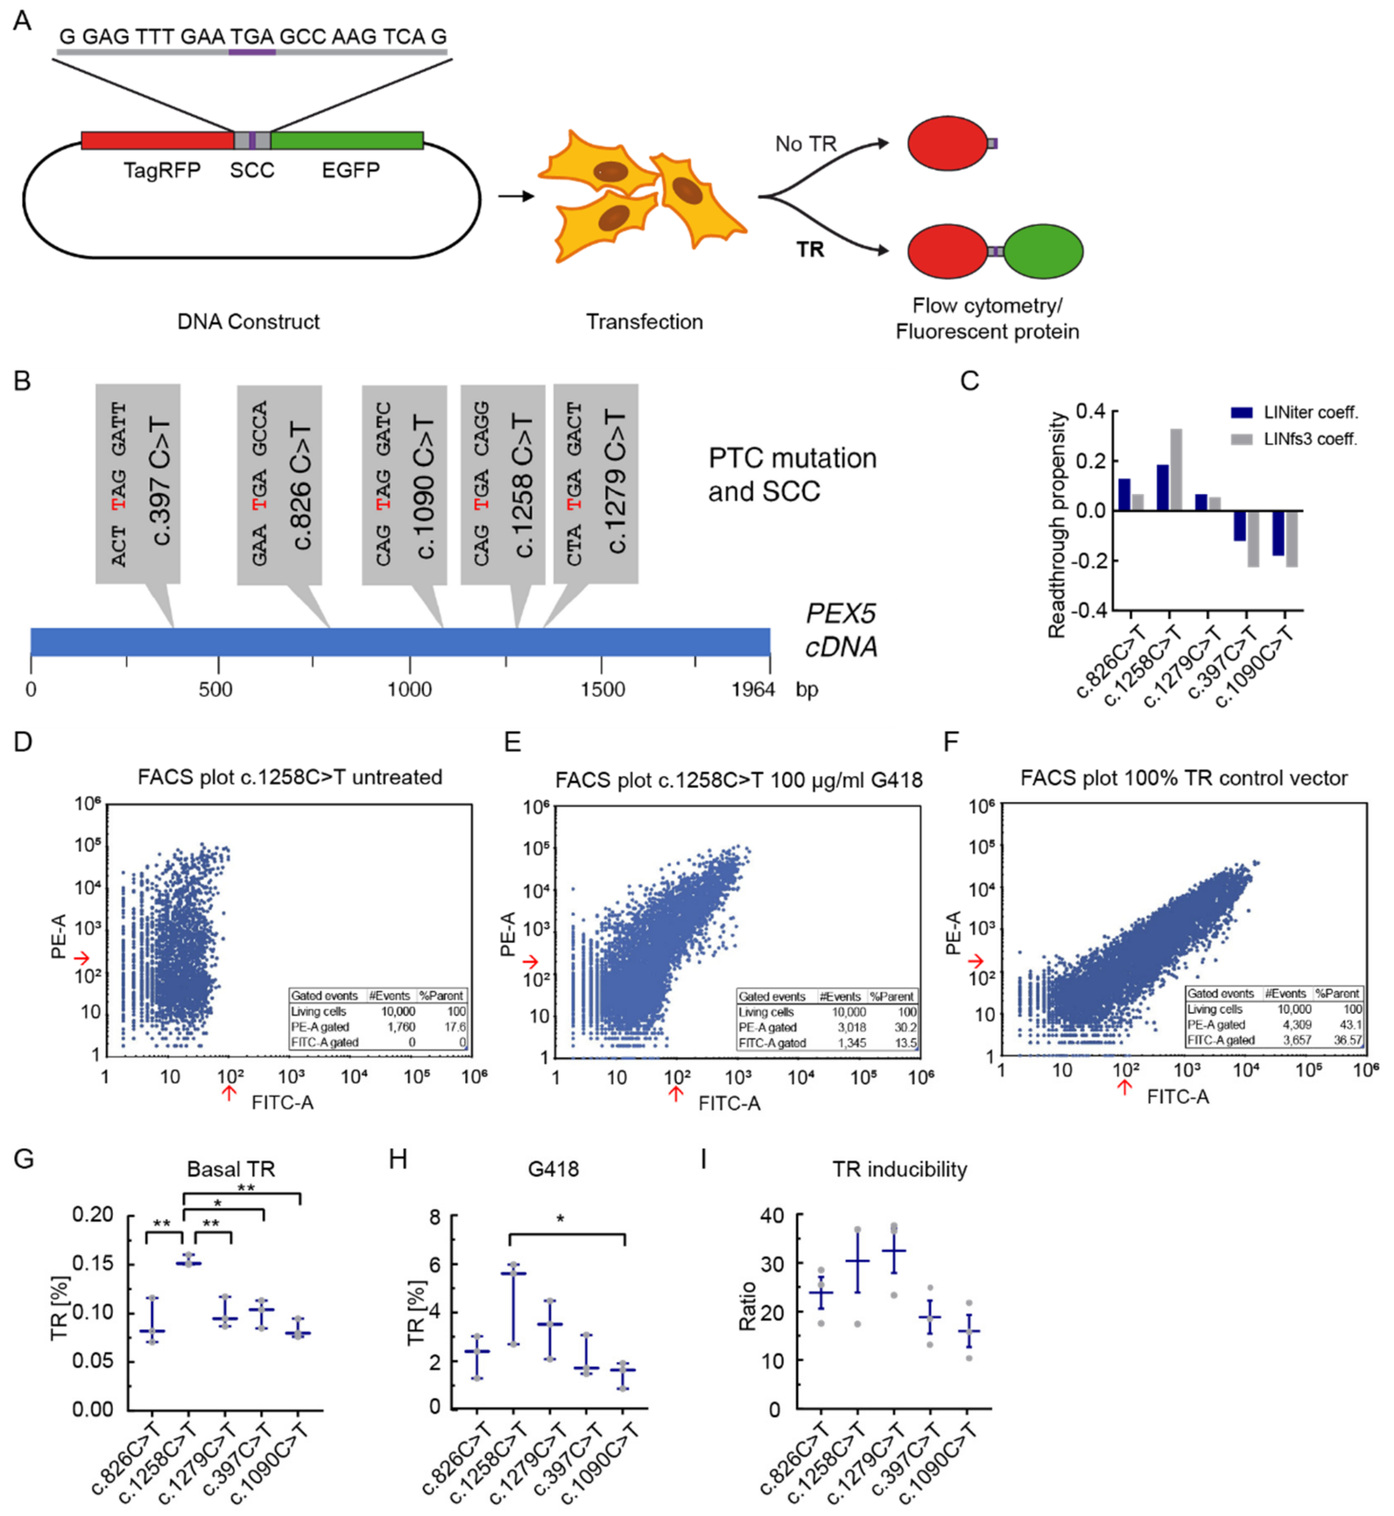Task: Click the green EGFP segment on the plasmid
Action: point(347,140)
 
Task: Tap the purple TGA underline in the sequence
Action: point(252,52)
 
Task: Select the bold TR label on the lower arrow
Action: point(810,250)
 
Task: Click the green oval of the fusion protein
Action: point(1043,251)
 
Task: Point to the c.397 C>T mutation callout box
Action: point(137,483)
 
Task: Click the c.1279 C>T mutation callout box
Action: point(596,483)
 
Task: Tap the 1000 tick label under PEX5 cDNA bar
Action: point(410,689)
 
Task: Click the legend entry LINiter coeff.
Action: point(1310,412)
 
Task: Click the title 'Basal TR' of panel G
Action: point(231,1169)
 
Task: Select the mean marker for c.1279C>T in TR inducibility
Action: point(894,1250)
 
